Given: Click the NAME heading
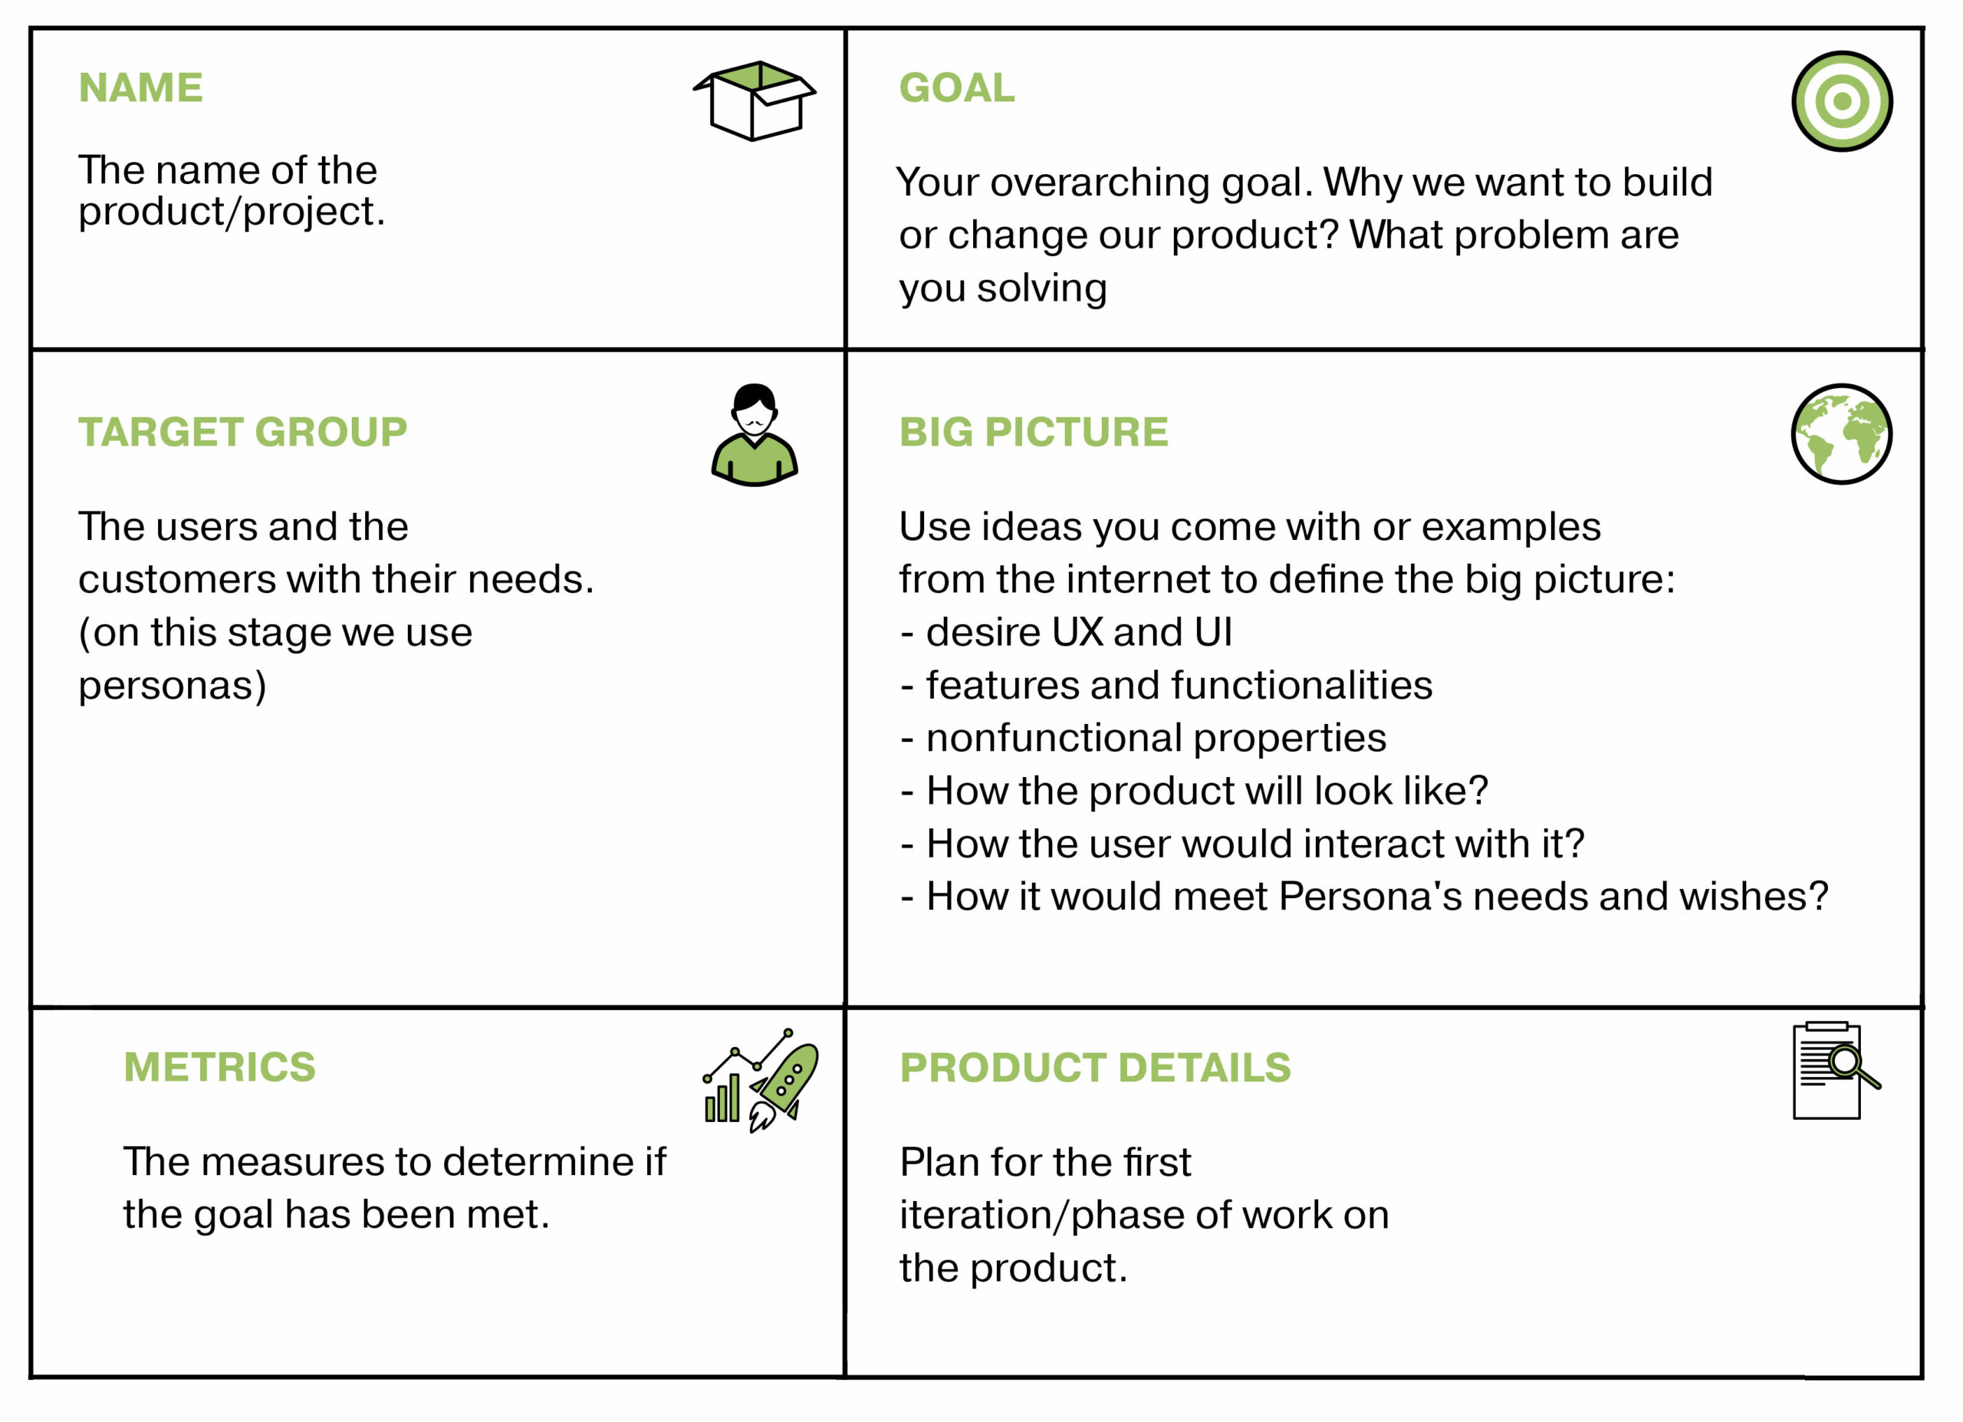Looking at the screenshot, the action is tap(141, 87).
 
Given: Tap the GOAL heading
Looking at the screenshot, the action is tap(956, 87).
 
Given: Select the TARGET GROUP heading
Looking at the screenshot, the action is tap(242, 432).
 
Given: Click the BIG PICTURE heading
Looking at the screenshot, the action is tap(1034, 432).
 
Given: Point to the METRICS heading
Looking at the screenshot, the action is tap(220, 1067).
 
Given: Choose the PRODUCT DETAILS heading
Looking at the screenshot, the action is tap(1095, 1068).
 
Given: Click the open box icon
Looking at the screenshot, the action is tap(755, 101).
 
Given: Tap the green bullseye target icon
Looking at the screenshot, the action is tap(1842, 101).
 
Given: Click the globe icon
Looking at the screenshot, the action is tap(1842, 433).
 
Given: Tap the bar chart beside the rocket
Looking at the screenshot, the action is tap(722, 1098).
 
